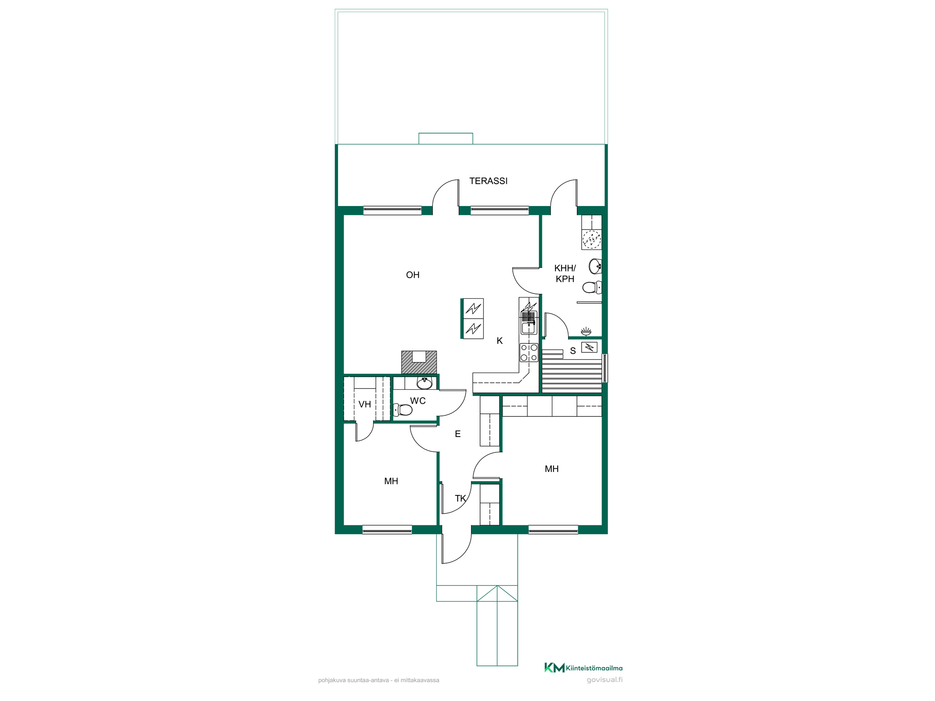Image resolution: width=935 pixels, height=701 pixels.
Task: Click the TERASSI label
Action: click(x=488, y=181)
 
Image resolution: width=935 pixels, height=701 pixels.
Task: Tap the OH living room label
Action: click(x=413, y=275)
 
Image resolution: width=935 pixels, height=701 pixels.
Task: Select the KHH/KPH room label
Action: click(x=565, y=273)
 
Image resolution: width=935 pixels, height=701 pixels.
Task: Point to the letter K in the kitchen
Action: click(x=500, y=341)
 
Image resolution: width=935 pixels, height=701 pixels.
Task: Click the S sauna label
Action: click(x=573, y=351)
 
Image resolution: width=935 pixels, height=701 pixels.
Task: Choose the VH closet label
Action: click(x=365, y=404)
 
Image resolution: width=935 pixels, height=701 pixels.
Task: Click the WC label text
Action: click(x=418, y=401)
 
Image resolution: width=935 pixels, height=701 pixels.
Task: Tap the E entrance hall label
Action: click(x=458, y=434)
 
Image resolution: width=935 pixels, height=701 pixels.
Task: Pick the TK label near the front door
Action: click(x=460, y=498)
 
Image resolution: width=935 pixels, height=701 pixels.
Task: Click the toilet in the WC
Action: click(x=403, y=410)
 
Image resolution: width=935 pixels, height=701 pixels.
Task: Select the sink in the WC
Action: click(x=424, y=383)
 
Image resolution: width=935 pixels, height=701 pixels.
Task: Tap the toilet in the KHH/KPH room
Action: click(x=592, y=287)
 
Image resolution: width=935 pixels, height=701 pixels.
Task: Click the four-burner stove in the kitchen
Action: click(x=529, y=352)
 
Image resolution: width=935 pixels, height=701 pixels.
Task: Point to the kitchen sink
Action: click(x=529, y=322)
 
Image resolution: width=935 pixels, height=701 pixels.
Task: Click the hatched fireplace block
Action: click(x=419, y=362)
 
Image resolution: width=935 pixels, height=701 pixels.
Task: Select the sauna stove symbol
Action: click(x=590, y=347)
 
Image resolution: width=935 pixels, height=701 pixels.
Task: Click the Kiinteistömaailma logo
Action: click(x=583, y=668)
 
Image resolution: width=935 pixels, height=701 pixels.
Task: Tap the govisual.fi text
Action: click(x=604, y=680)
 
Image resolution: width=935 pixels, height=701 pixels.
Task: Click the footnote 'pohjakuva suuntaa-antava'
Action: click(x=353, y=680)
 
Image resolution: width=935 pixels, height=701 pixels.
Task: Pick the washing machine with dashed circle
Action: click(x=591, y=239)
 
